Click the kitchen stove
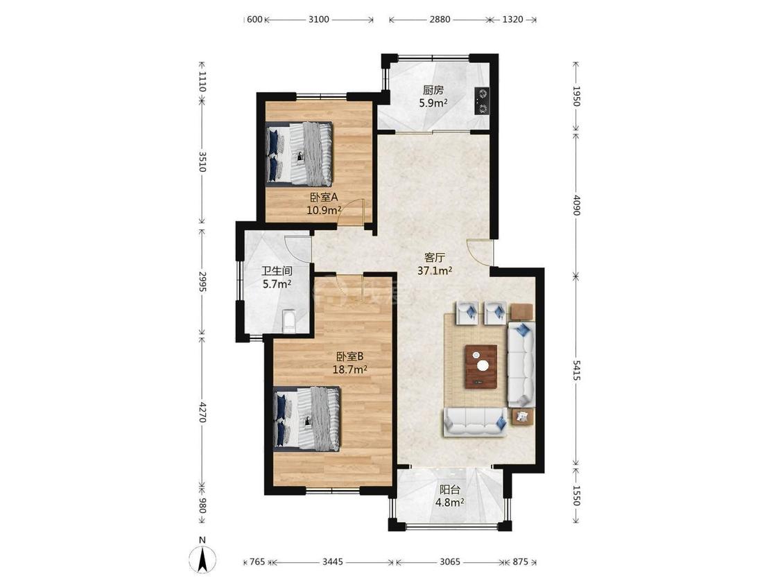(x=482, y=101)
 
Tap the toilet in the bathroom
(x=289, y=321)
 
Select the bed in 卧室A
(x=299, y=154)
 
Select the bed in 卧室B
(x=307, y=419)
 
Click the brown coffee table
(x=482, y=366)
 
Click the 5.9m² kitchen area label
(x=433, y=103)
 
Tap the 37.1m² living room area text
(x=434, y=270)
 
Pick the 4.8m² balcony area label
(x=450, y=503)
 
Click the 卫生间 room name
(x=277, y=271)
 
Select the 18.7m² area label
(x=349, y=369)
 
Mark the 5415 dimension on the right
(x=576, y=371)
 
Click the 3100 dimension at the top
(x=318, y=19)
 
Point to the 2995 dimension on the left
(x=202, y=281)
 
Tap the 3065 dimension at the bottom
(x=450, y=562)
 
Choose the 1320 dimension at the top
(x=512, y=19)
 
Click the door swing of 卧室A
(x=352, y=212)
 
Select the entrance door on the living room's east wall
(x=480, y=253)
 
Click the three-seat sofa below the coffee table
(x=476, y=423)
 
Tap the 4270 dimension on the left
(x=202, y=412)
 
